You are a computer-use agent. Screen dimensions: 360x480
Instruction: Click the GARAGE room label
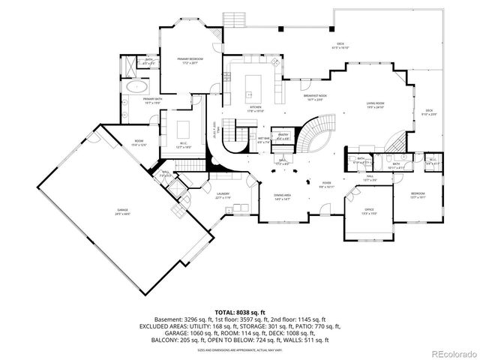(122, 212)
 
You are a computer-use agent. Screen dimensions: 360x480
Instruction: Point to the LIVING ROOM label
(375, 105)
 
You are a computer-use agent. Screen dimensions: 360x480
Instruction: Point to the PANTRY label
(283, 136)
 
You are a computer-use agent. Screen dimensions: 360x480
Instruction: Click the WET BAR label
(264, 140)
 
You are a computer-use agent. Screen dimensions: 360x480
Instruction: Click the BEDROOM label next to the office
(417, 196)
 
